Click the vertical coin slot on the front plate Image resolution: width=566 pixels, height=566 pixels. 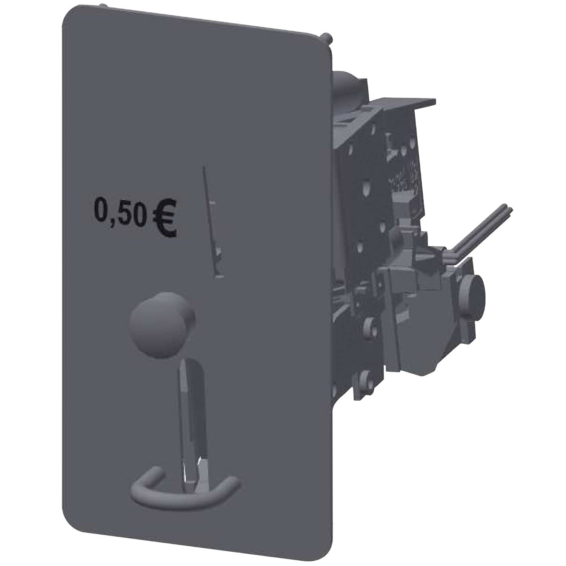(x=211, y=219)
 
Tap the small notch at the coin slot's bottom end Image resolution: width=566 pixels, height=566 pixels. (x=218, y=277)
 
